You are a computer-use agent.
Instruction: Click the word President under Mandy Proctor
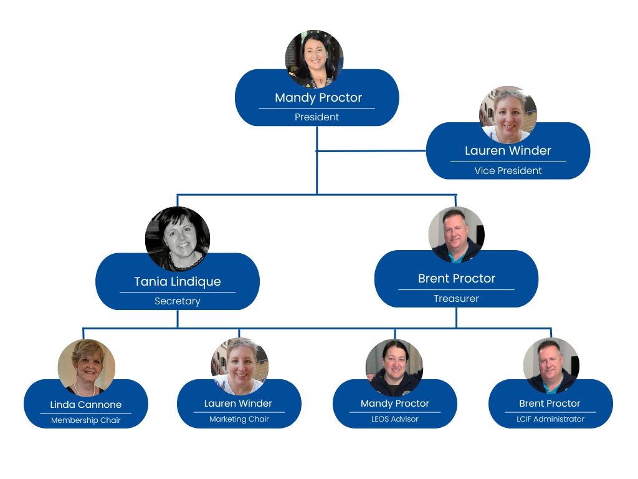click(317, 117)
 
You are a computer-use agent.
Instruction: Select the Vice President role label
click(508, 171)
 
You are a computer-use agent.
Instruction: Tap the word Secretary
click(178, 301)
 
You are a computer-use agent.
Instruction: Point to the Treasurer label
click(456, 299)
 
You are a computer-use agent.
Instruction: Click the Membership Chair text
click(86, 420)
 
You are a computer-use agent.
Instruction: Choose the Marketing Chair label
click(239, 419)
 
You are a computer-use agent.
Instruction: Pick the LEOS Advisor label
click(395, 419)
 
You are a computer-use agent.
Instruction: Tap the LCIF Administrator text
click(550, 419)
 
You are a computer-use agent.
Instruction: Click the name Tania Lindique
click(178, 281)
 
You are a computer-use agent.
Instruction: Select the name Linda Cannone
click(86, 405)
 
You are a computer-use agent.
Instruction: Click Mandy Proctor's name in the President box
click(318, 97)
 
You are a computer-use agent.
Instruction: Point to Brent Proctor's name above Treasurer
click(457, 278)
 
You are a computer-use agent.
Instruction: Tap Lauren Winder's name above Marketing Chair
click(239, 404)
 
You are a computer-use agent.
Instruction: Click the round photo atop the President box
click(314, 59)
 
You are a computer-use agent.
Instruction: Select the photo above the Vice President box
click(508, 115)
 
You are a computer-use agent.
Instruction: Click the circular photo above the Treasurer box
click(457, 235)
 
